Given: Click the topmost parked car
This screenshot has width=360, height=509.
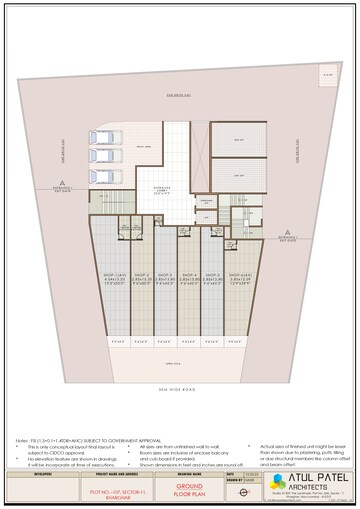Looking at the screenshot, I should click(102, 139).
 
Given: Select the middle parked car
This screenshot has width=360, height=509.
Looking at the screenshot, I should click(102, 156).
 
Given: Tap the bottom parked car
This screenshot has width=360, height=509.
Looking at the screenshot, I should click(102, 173).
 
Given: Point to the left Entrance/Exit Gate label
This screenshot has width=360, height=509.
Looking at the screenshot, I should click(65, 190).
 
